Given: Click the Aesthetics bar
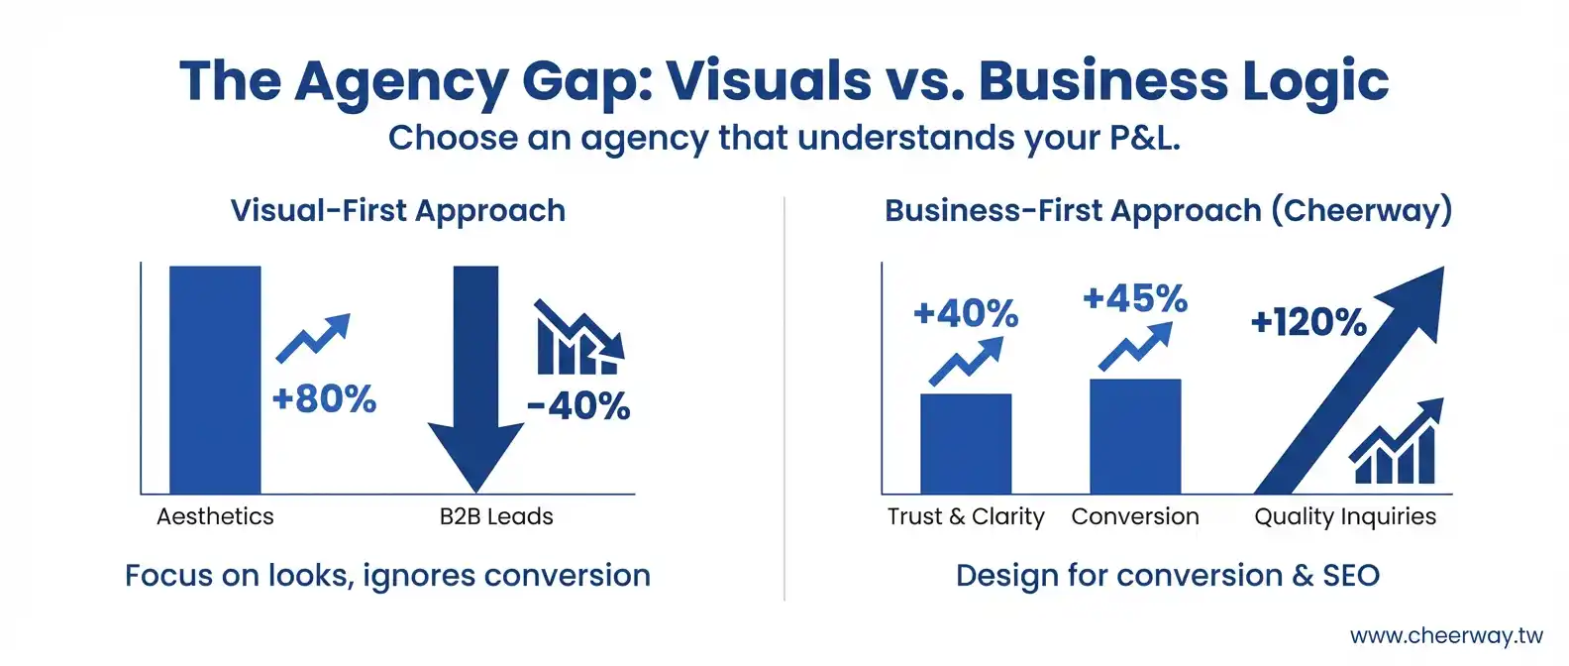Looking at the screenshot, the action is [x=215, y=380].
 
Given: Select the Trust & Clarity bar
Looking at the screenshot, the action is [x=966, y=444].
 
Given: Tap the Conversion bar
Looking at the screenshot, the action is [x=1135, y=436].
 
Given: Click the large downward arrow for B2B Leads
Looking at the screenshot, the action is [x=475, y=379].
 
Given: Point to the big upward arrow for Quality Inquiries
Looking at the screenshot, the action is [x=1348, y=381].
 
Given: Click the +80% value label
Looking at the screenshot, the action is [x=324, y=398].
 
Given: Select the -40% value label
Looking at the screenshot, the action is [x=578, y=406].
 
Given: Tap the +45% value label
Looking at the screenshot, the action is [x=1135, y=298].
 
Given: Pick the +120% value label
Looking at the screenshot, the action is [x=1308, y=322].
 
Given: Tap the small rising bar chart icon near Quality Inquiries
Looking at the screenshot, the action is [x=1396, y=441].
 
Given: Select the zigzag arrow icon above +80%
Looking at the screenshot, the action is [x=313, y=338].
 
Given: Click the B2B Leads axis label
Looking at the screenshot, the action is [x=496, y=516].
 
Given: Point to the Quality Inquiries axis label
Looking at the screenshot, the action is [x=1345, y=517].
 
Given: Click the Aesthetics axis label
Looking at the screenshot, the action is [x=215, y=516].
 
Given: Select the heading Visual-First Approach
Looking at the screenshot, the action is [x=398, y=211].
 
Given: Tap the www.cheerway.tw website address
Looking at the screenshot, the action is [x=1446, y=636].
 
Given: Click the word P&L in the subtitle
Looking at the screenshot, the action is [x=1144, y=138].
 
